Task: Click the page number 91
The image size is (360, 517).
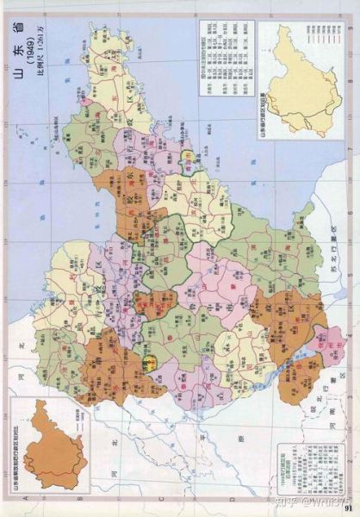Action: [x=350, y=507]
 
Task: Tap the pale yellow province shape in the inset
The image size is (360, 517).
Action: [x=301, y=82]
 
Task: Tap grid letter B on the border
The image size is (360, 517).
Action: [x=76, y=501]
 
